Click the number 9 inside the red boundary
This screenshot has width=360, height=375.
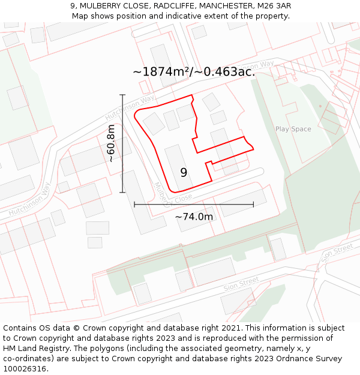click(184, 173)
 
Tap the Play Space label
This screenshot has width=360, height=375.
click(293, 129)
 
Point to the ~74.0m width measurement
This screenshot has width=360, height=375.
click(194, 217)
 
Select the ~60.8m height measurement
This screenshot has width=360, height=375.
click(111, 144)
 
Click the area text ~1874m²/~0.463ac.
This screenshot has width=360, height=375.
click(194, 71)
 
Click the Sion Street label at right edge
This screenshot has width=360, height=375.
click(338, 253)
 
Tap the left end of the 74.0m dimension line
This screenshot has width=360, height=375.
click(134, 205)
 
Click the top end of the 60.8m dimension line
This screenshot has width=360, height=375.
click(122, 95)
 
